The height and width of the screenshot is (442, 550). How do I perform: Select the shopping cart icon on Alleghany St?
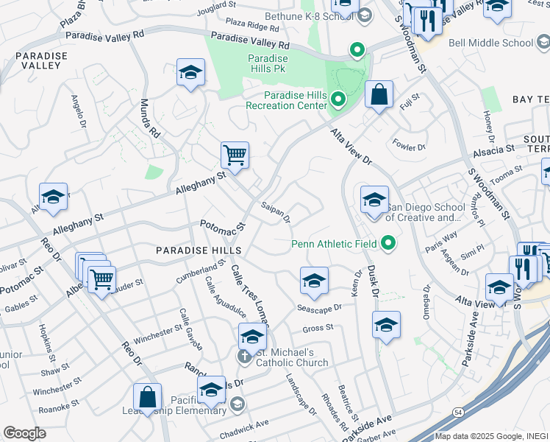pos(235,155)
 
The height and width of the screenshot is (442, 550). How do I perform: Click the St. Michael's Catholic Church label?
pos(292,357)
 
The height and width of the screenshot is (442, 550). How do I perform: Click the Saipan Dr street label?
pos(276,212)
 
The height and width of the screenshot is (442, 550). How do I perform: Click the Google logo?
pos(24,433)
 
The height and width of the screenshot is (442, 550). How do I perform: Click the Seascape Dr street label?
pos(320,307)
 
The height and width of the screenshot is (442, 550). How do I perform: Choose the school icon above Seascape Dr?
pos(314,281)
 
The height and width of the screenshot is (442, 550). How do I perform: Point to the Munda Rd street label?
pos(149,119)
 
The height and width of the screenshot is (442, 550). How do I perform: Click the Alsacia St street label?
pos(494,150)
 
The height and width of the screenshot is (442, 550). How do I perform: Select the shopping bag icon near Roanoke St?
pos(148,397)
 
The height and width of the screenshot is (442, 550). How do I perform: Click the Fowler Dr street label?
pos(410,145)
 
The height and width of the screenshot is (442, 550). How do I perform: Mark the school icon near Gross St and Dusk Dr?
pos(386,325)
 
